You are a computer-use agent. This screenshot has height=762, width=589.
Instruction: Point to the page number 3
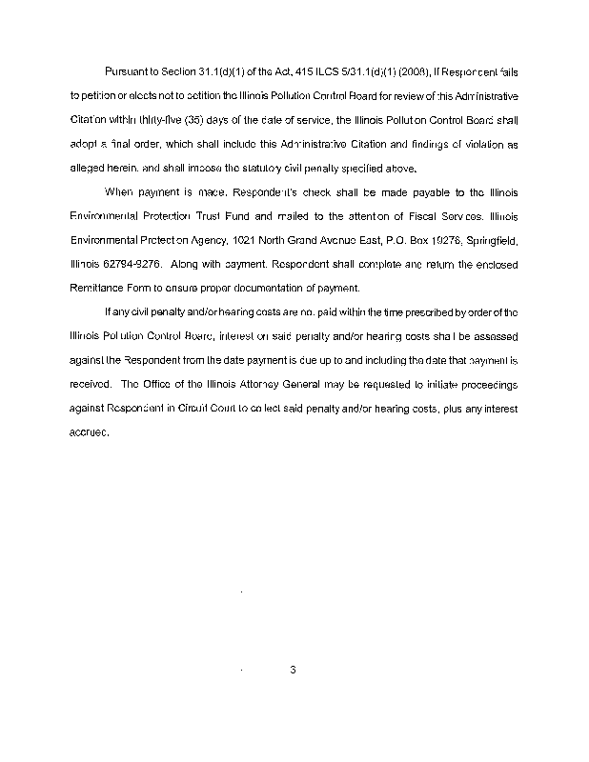pos(294,670)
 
